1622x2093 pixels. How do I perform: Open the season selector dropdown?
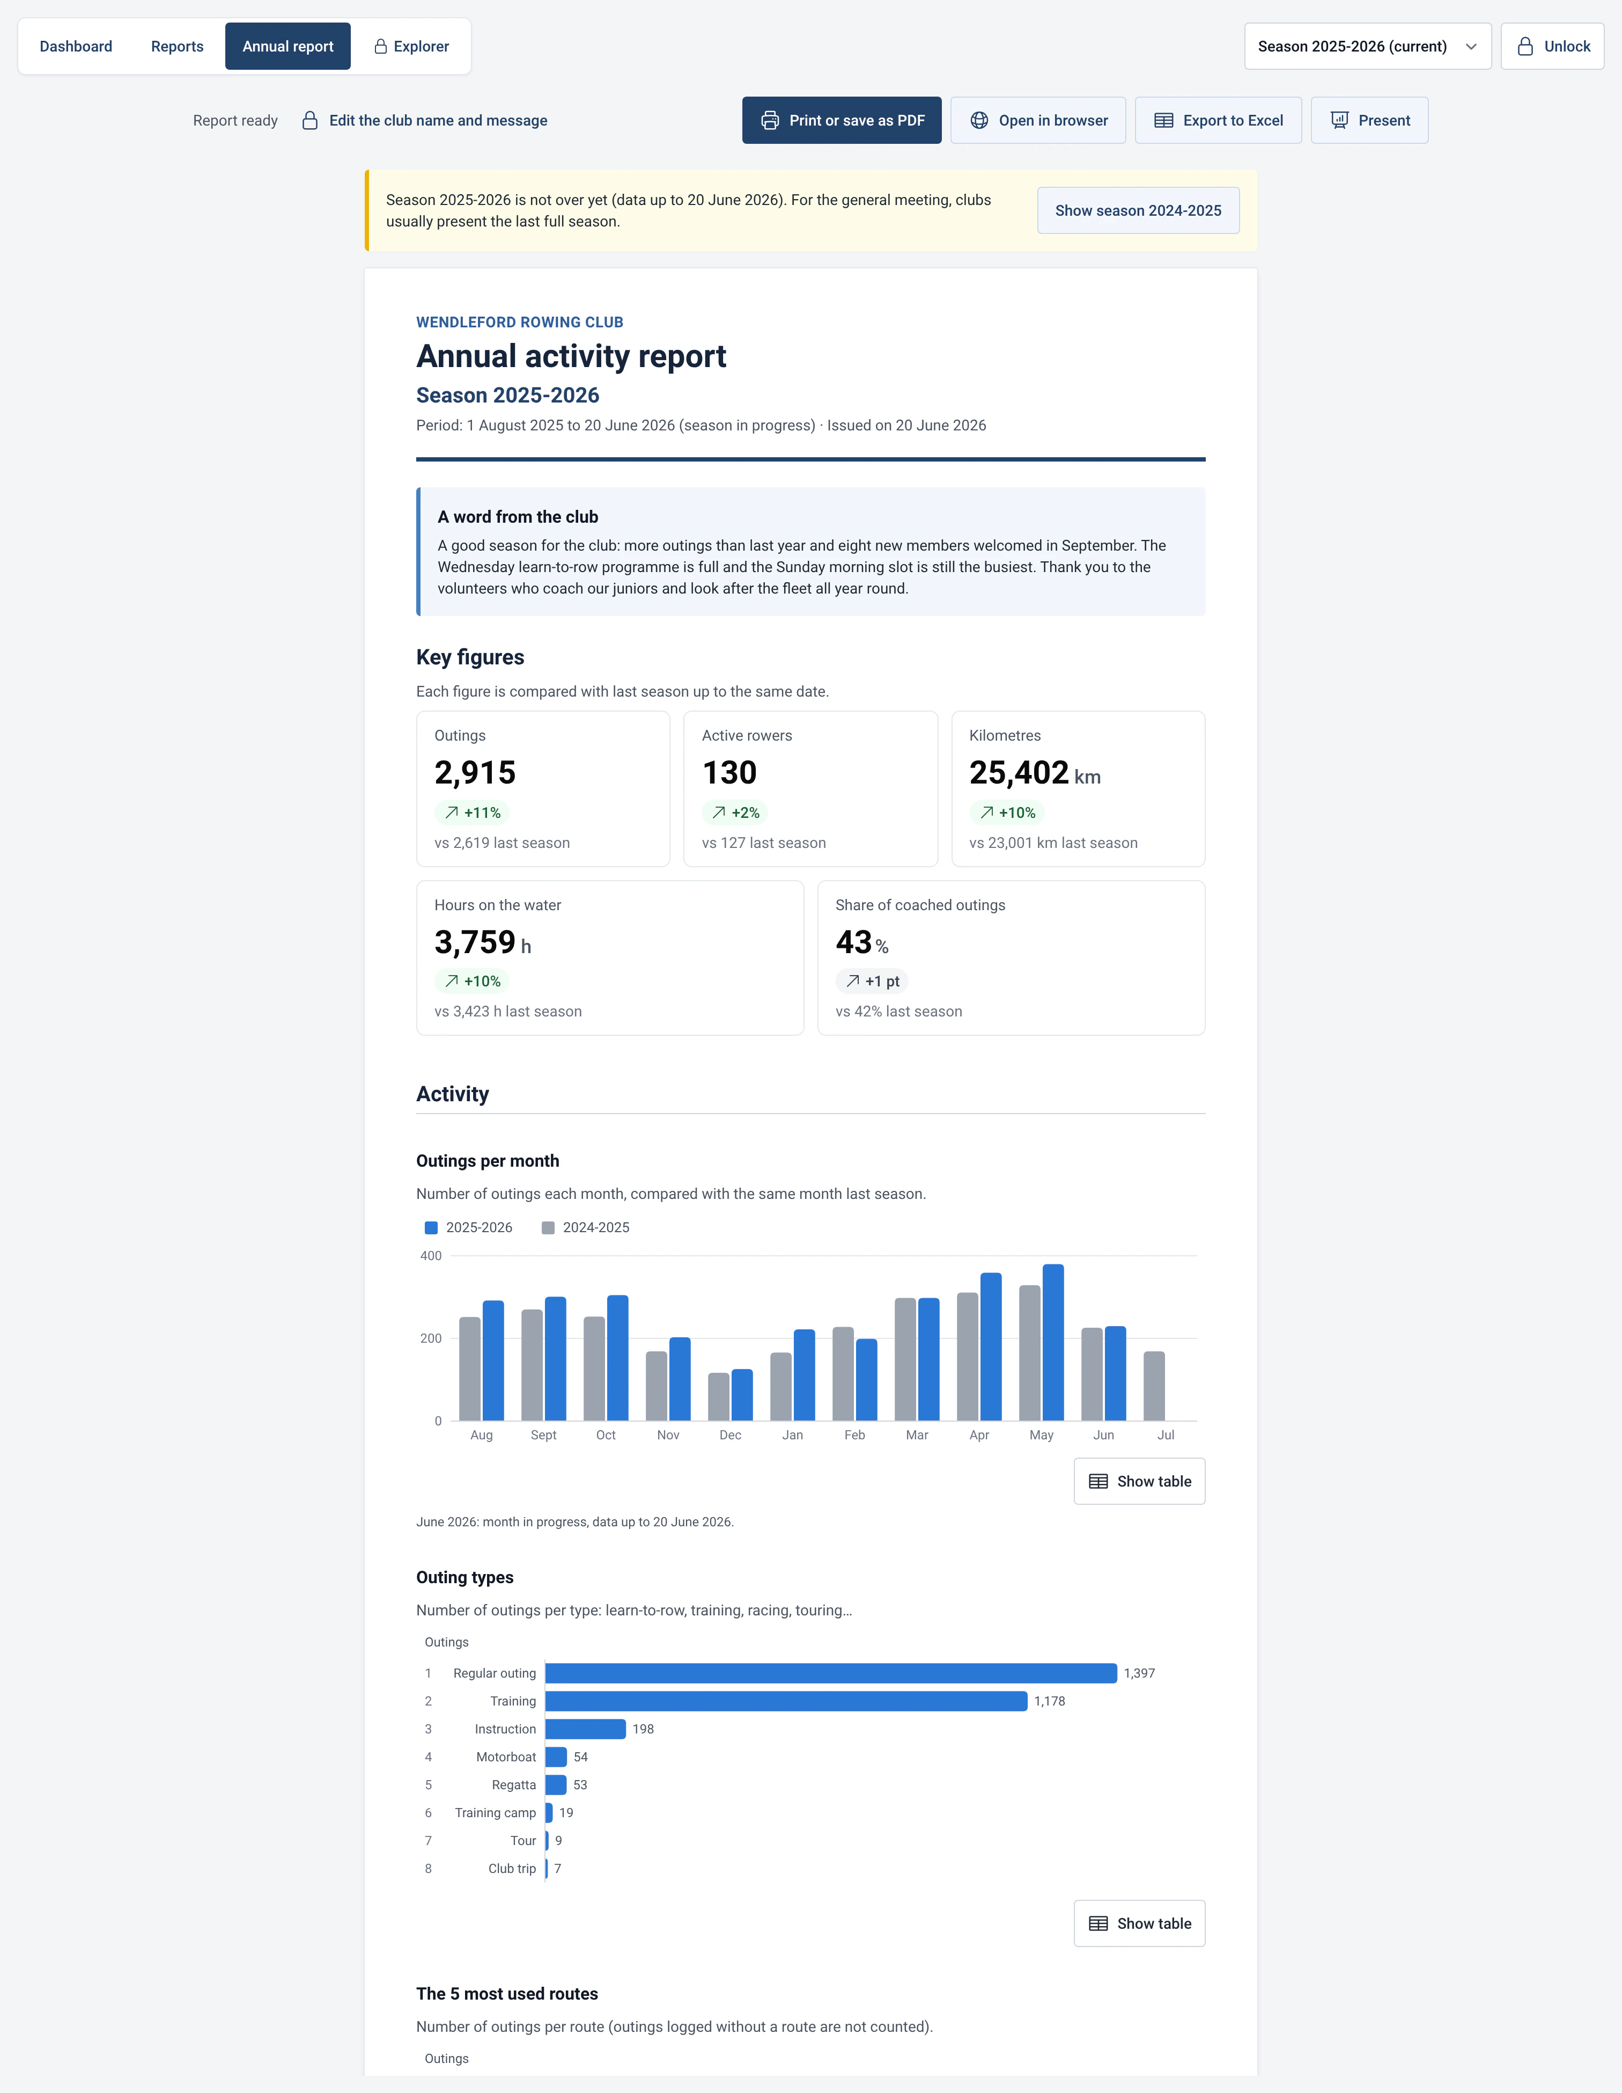tap(1367, 46)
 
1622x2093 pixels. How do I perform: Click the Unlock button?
tap(1552, 46)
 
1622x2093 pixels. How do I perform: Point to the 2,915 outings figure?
tap(475, 772)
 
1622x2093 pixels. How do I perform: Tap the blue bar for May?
tap(1053, 1343)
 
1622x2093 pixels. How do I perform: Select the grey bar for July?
tap(1154, 1386)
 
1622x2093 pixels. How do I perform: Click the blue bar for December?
tap(742, 1395)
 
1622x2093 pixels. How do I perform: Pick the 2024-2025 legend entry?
tap(585, 1228)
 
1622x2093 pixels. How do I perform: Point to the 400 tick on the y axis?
tap(431, 1255)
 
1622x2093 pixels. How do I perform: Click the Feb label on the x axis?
tap(854, 1435)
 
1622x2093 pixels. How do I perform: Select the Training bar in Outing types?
tap(786, 1701)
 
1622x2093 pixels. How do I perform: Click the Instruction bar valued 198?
tap(585, 1729)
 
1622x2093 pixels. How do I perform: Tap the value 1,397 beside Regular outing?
tap(1139, 1673)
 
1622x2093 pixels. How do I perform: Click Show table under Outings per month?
tap(1139, 1482)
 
